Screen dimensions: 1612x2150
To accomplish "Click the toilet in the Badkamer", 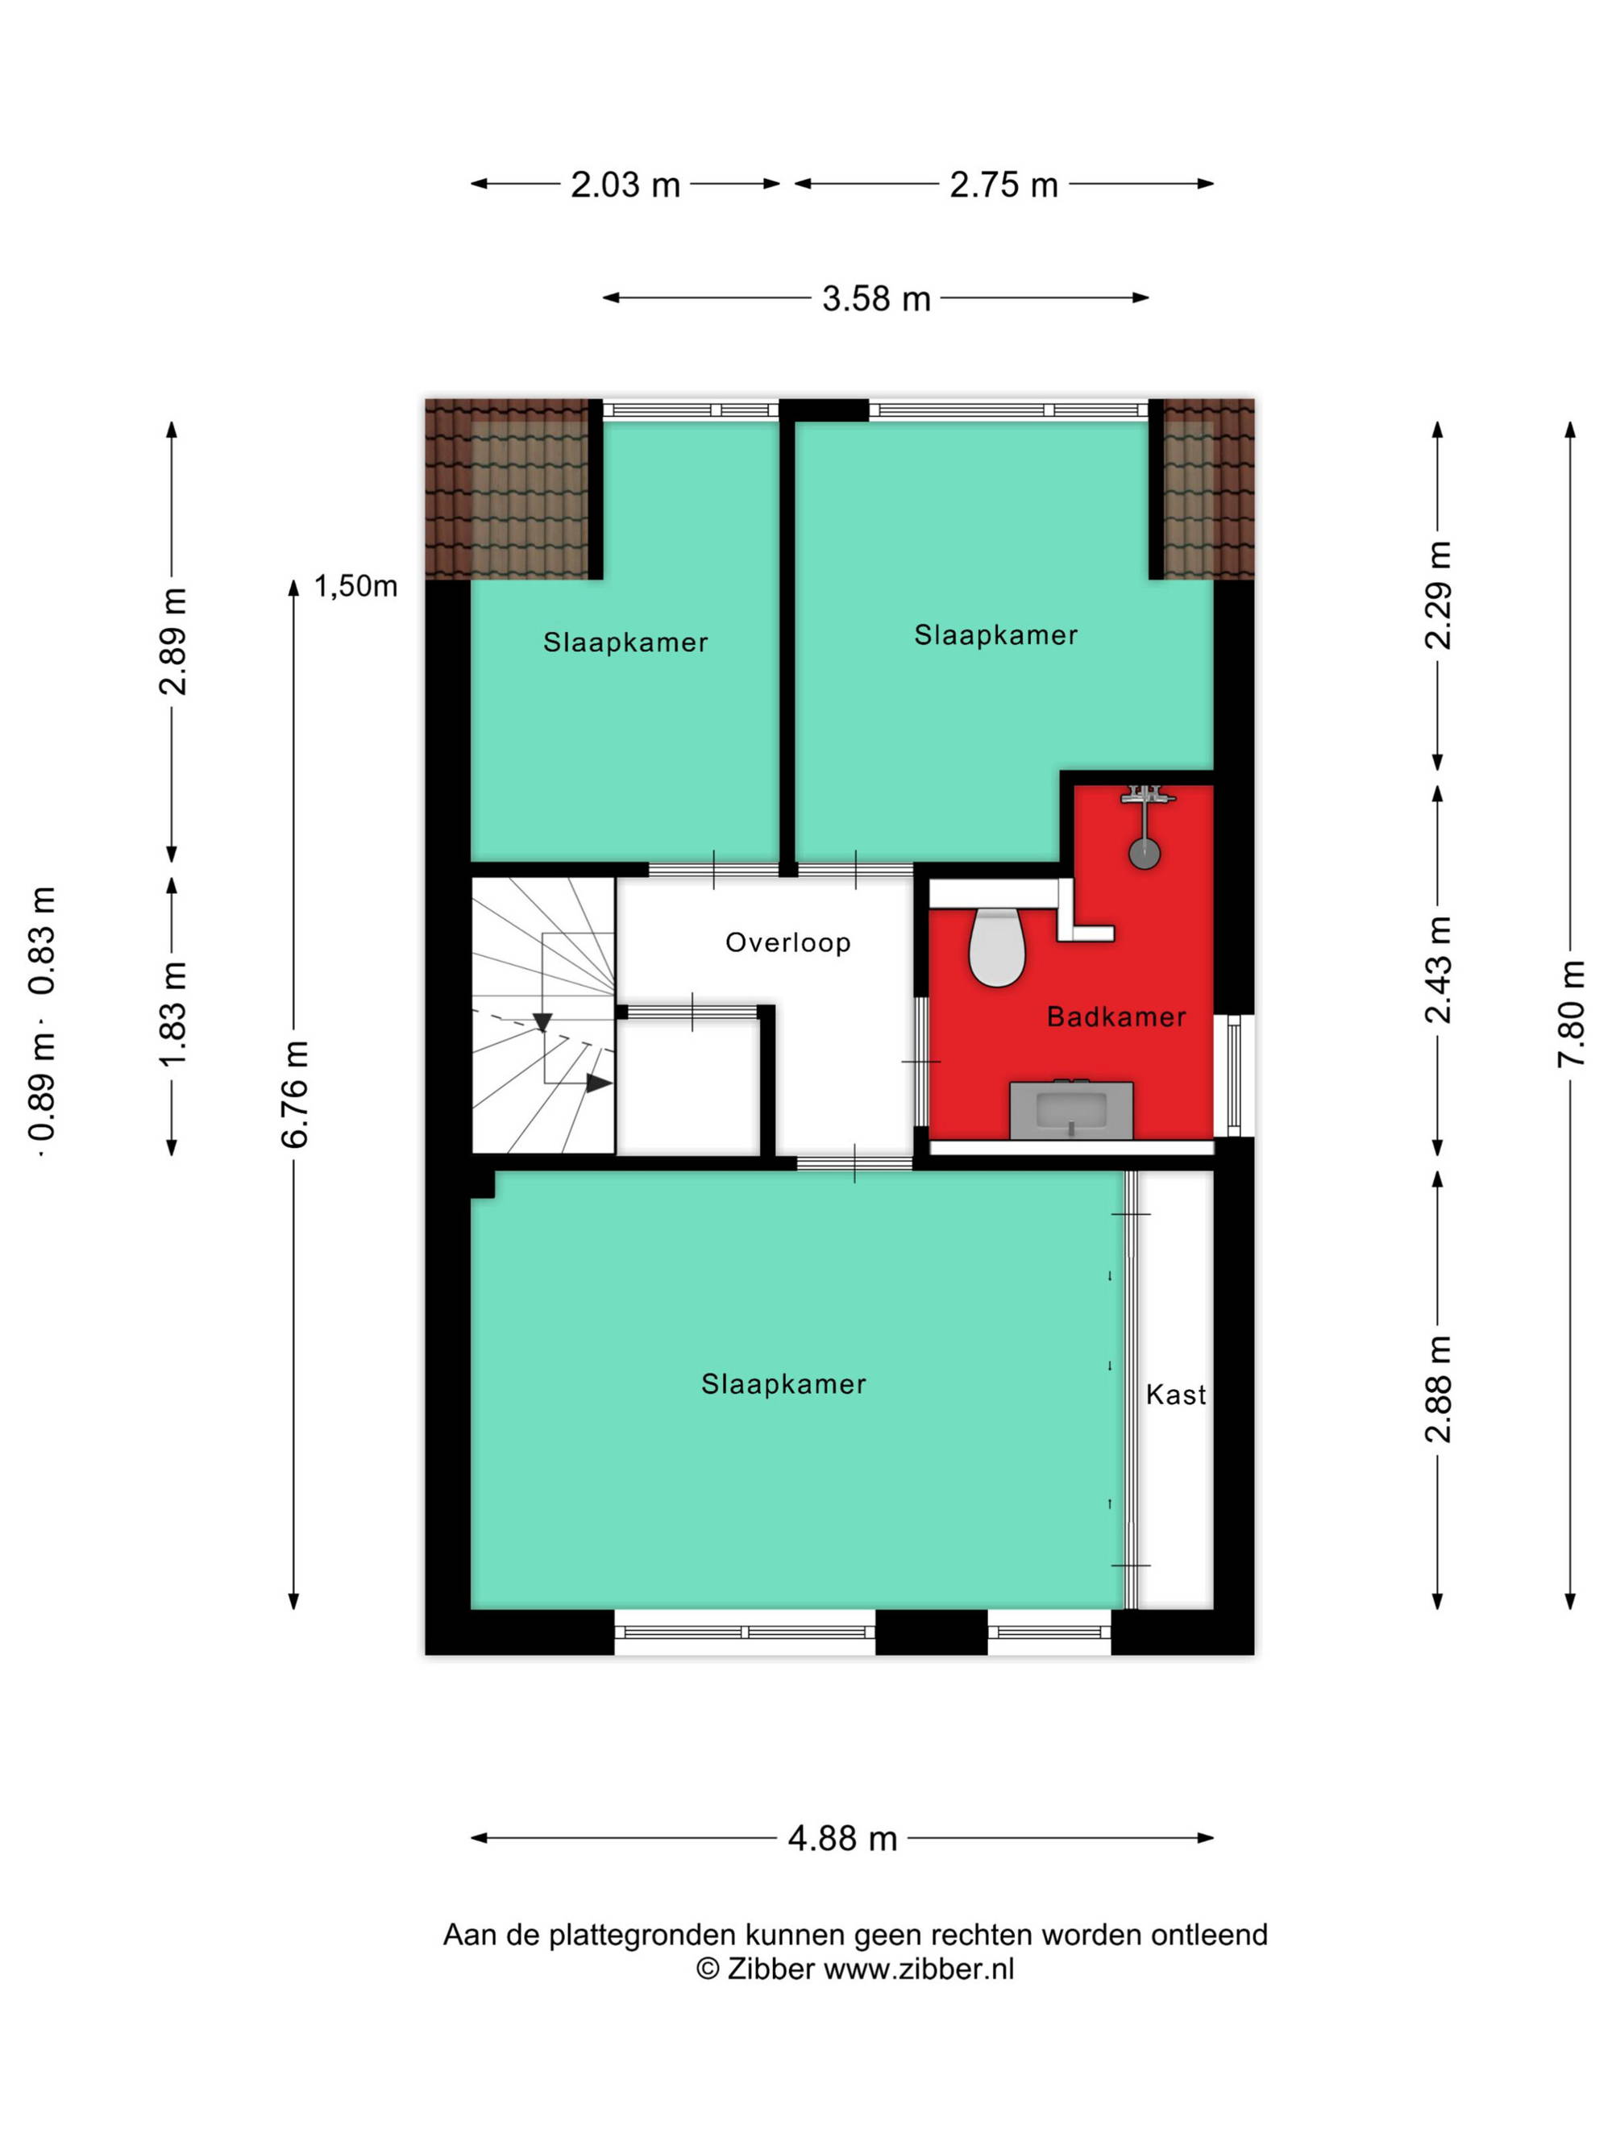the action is point(997,946).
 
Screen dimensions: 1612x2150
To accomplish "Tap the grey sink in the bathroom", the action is point(1071,1109).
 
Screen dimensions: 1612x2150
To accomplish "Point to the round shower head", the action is point(1145,854).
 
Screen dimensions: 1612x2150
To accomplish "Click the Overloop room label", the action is point(788,942).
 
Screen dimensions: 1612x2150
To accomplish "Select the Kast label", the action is point(1176,1395).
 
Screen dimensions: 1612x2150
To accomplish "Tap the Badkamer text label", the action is point(1116,1017).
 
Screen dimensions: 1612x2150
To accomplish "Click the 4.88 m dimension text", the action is point(842,1839).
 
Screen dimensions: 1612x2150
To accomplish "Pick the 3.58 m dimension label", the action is point(876,298).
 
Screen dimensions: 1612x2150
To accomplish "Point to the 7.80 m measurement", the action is point(1571,1014).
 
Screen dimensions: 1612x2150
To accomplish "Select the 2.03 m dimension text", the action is point(625,185).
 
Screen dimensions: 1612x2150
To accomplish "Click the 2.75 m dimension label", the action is point(1003,185).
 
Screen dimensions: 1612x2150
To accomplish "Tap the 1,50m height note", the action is point(355,586).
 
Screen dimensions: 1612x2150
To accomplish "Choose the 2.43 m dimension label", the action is point(1439,970).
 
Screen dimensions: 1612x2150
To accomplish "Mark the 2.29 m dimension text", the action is point(1439,595).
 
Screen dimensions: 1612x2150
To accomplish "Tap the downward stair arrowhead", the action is point(542,1022).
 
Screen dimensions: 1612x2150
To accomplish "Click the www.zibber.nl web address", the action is point(918,1970).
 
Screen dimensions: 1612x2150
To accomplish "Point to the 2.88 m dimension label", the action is point(1439,1389).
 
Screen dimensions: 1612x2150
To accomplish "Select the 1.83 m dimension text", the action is point(173,1014).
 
